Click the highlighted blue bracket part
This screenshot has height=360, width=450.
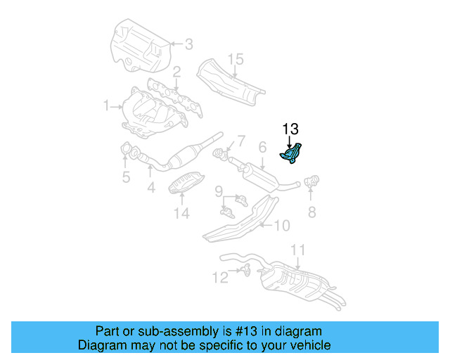[x=292, y=154]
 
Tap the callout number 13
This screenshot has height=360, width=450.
[x=290, y=129]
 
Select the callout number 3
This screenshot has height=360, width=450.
[x=188, y=44]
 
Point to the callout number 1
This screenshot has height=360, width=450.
[x=106, y=106]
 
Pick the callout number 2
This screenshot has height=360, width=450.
[x=176, y=72]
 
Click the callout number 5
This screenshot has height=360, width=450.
[x=125, y=177]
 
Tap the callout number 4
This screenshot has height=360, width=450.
[x=150, y=188]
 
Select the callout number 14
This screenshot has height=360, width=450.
[x=181, y=212]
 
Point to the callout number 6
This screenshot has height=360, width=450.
[x=262, y=148]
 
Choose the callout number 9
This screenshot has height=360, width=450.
[x=219, y=191]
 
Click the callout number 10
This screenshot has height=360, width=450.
[x=281, y=226]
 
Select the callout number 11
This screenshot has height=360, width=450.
[x=298, y=250]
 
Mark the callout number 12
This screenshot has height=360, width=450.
[x=221, y=278]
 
